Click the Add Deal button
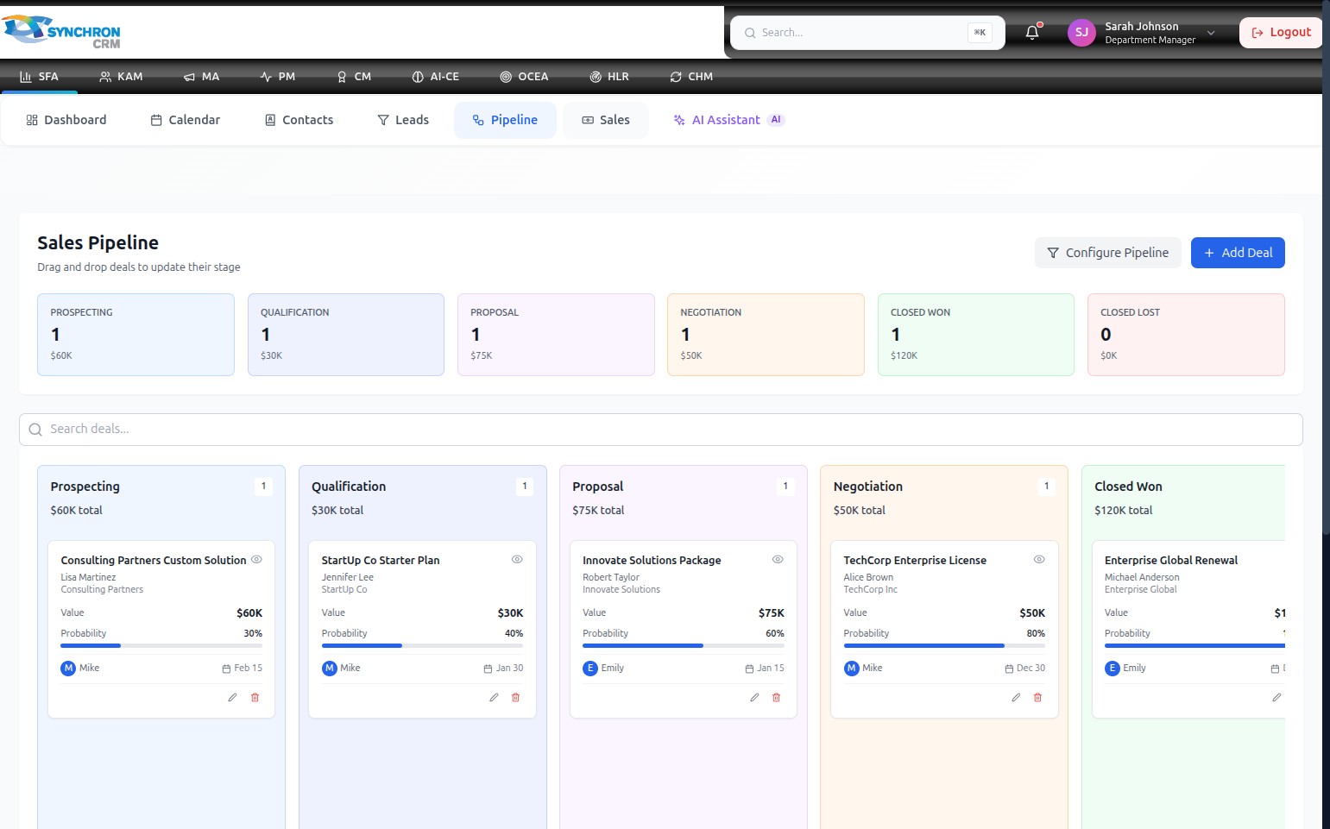point(1238,253)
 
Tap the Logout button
point(1281,33)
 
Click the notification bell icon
point(1032,32)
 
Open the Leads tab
point(403,120)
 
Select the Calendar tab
point(186,120)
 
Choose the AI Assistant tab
point(728,120)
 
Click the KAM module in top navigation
point(121,77)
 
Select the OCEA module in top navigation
point(524,77)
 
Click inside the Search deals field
point(661,429)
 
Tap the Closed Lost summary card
point(1186,335)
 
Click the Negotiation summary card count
point(685,335)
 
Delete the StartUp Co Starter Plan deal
point(515,697)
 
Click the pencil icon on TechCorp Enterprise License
point(1016,697)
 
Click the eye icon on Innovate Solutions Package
point(778,560)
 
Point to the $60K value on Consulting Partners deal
point(249,613)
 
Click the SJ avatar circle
point(1081,33)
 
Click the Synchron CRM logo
point(61,32)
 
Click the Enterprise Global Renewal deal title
point(1171,560)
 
